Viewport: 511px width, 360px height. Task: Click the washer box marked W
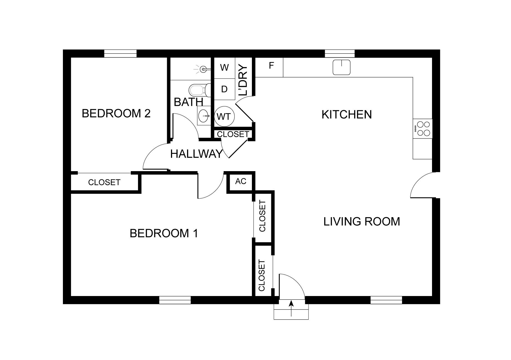pos(225,68)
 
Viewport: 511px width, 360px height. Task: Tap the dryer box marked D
pos(225,89)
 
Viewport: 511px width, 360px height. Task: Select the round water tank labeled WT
pos(224,116)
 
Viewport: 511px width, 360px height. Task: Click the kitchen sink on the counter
pos(342,67)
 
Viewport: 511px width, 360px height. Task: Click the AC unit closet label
pos(241,181)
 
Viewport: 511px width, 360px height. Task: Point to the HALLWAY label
pos(196,154)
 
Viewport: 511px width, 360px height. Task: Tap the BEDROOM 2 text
pos(116,114)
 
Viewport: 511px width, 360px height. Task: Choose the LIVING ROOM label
pos(362,222)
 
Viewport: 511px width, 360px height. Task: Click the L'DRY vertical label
pos(242,80)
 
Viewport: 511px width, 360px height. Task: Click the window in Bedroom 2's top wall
pos(120,53)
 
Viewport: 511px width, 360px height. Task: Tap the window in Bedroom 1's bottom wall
pos(175,300)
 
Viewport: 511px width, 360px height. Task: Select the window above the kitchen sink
pos(340,53)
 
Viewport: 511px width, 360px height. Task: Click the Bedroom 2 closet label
pos(104,182)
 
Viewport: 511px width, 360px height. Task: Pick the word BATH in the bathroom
pos(188,102)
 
